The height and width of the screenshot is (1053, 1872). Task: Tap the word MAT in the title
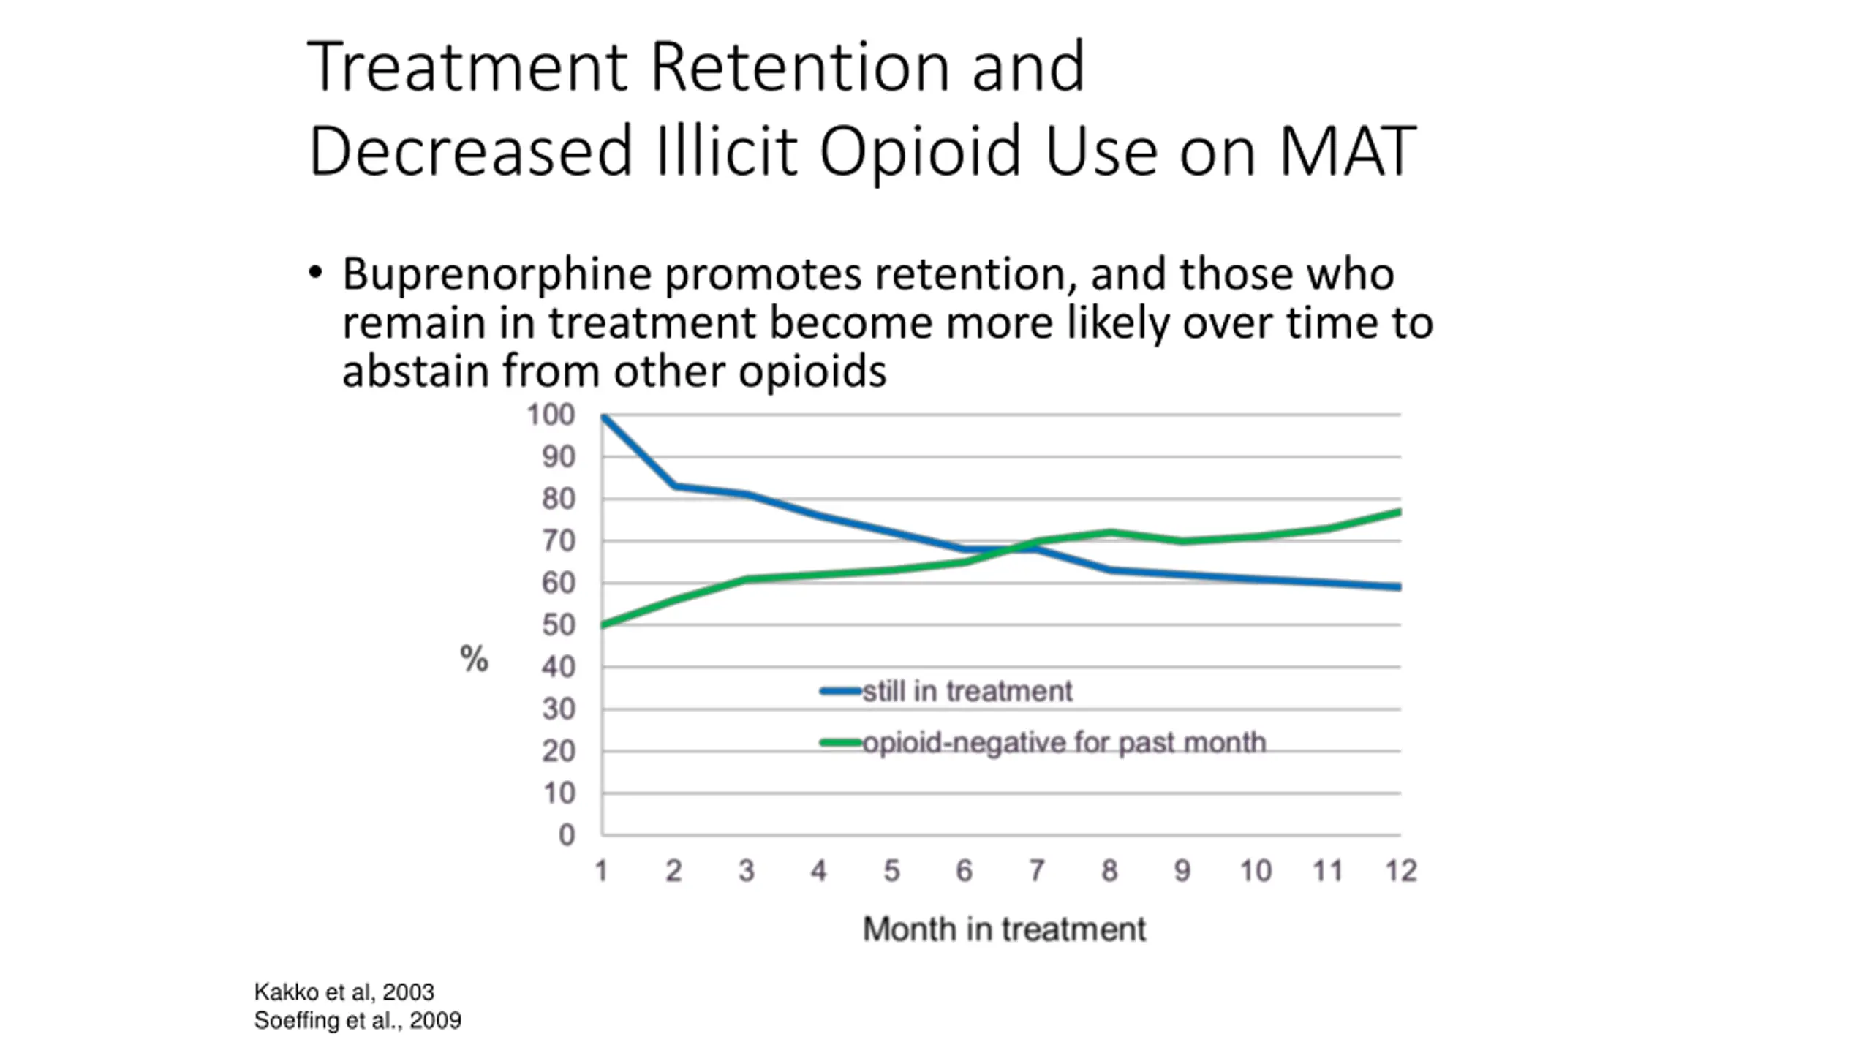1347,151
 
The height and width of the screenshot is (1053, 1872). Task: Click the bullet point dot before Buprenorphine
315,273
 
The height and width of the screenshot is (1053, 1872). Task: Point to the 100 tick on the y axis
551,415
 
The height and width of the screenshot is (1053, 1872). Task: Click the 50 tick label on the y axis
558,625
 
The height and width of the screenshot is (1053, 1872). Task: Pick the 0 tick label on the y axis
567,835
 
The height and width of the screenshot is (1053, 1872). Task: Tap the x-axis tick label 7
1036,871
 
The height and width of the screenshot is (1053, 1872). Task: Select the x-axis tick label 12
1401,871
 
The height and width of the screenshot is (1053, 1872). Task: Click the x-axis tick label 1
601,871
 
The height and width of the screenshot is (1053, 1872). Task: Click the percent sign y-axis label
474,659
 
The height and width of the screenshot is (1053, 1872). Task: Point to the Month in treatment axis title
1003,929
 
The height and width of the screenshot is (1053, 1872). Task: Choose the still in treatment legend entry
967,691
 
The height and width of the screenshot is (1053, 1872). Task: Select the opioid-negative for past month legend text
1064,743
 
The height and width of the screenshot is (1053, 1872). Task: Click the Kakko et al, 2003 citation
344,992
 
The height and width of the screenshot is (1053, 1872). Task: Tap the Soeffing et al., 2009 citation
358,1021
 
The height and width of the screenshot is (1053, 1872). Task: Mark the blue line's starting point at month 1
603,417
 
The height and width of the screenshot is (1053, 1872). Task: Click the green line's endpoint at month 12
1399,513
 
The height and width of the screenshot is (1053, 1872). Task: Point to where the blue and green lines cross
1014,548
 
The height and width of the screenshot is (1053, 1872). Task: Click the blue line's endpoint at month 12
1399,586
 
